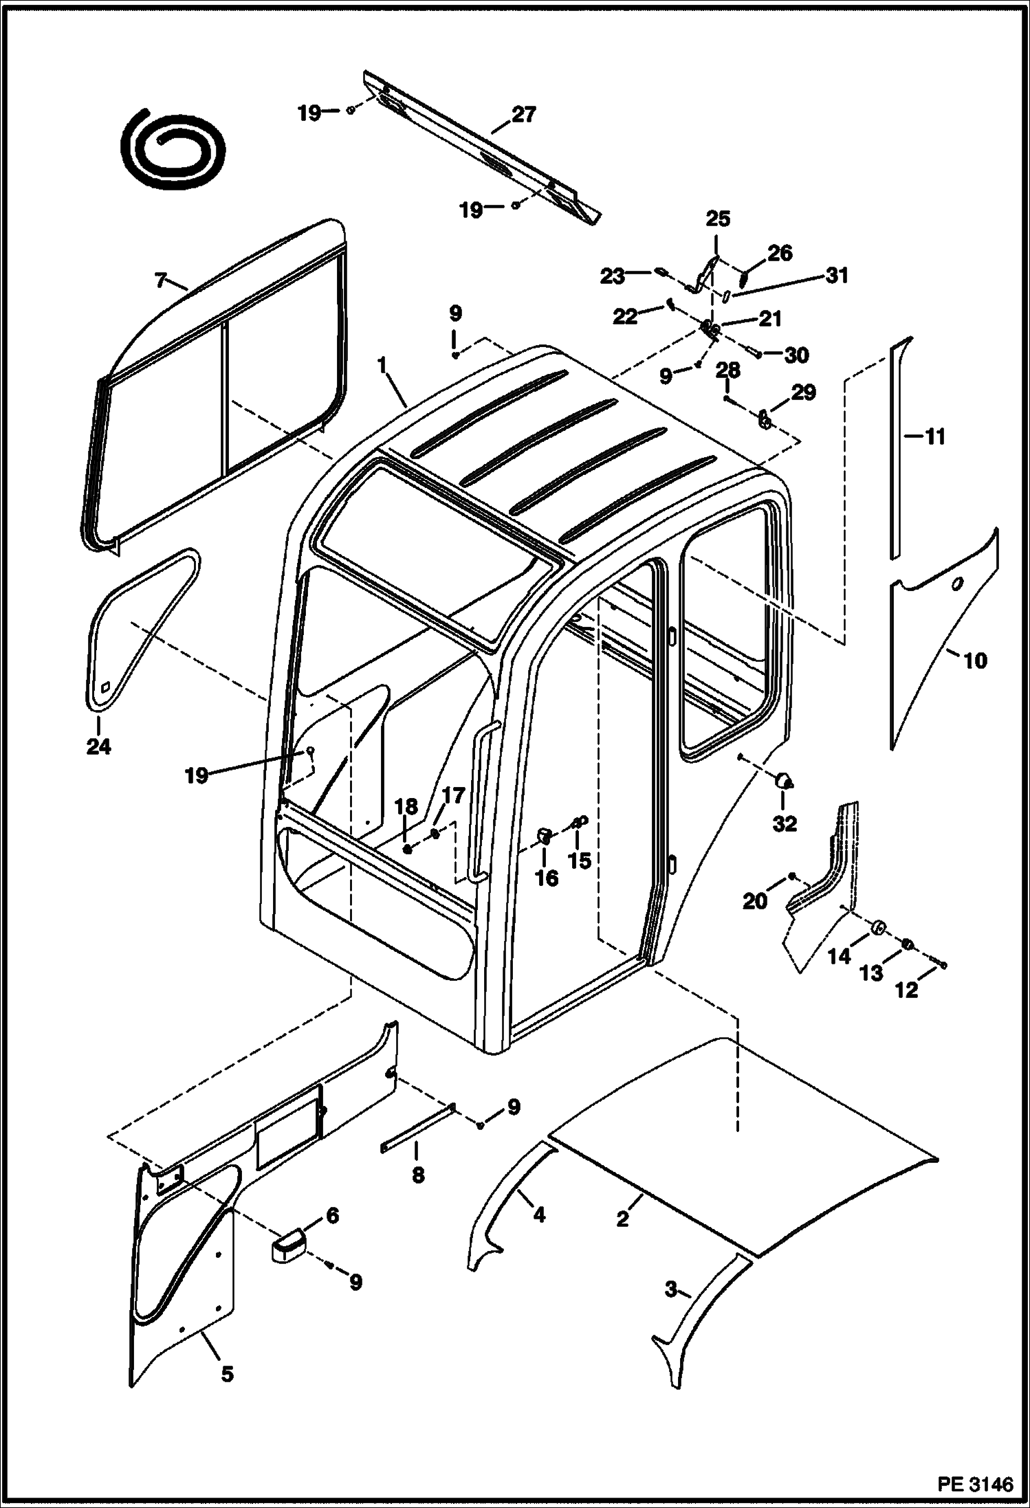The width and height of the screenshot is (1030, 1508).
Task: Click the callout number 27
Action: (523, 114)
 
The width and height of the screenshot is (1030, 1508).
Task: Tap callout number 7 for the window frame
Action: (160, 280)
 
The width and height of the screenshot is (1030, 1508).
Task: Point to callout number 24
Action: (98, 746)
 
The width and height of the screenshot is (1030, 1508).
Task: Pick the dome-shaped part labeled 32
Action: (784, 780)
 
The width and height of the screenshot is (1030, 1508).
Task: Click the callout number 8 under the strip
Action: (418, 1175)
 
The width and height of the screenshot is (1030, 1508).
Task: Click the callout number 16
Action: (547, 878)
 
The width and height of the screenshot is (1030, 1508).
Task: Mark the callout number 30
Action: (797, 355)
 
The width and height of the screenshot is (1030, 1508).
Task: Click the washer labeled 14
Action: (878, 929)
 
